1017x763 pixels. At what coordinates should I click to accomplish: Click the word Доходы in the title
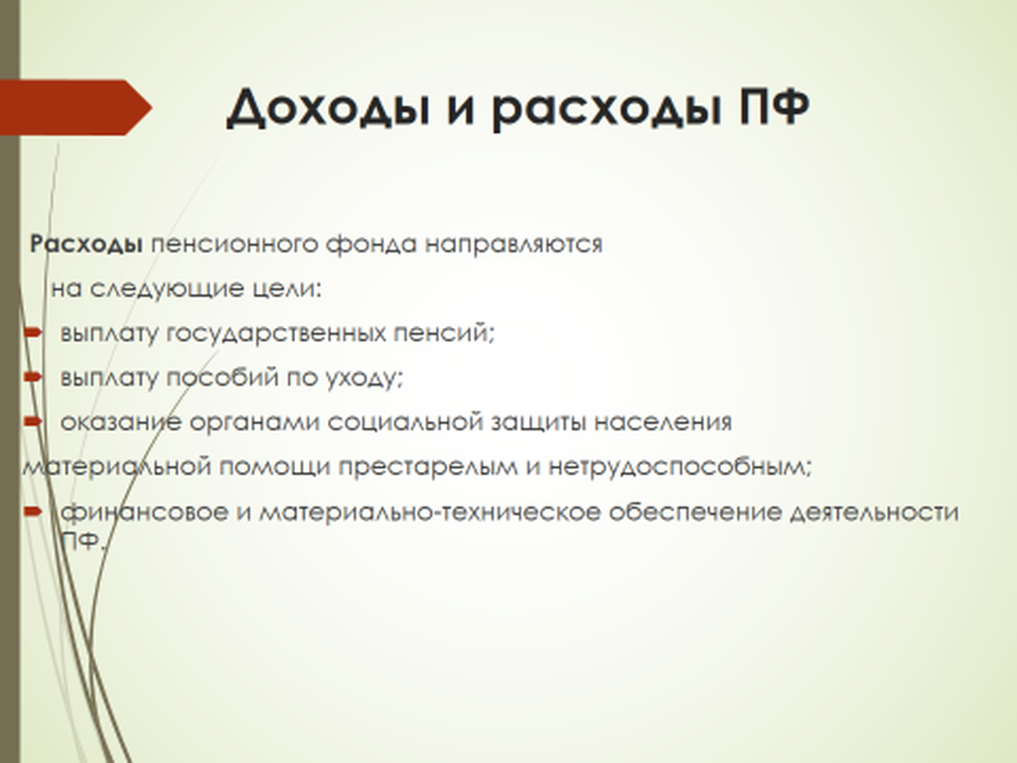328,108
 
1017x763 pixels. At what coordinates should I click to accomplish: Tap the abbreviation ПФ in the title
775,105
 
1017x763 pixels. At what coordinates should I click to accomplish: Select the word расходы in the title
606,108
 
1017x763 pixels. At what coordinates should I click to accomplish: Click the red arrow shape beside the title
75,107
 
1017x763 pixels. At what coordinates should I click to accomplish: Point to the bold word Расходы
86,245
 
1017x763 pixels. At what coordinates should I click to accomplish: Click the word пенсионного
234,244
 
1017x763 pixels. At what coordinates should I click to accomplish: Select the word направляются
513,245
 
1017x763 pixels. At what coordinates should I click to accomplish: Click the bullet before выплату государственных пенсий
33,333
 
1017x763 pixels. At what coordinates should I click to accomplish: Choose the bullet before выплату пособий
33,377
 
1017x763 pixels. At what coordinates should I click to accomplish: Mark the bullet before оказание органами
33,421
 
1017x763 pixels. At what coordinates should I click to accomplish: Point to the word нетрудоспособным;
679,467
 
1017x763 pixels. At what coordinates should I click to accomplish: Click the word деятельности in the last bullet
874,513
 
